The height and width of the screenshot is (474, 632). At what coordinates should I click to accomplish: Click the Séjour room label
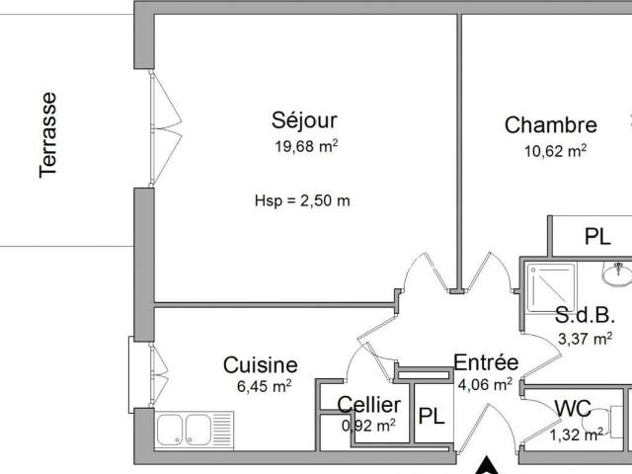click(304, 120)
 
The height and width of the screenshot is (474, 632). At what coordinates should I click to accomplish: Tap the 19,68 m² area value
click(306, 147)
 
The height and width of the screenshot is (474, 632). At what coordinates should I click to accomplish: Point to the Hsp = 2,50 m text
click(303, 200)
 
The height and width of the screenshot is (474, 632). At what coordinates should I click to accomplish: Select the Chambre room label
click(550, 125)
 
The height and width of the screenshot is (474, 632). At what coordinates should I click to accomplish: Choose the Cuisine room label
click(260, 365)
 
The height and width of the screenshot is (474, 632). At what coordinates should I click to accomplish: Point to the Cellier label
click(369, 405)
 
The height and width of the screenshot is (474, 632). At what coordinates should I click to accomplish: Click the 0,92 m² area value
click(368, 426)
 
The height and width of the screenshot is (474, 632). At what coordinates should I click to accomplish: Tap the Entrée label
click(486, 362)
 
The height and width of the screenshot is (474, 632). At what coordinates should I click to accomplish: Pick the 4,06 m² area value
click(485, 385)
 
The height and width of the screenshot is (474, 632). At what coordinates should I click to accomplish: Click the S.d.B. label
click(586, 317)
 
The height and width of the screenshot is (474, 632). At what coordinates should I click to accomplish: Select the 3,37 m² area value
click(586, 339)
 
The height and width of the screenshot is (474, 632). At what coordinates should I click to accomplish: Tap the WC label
click(573, 408)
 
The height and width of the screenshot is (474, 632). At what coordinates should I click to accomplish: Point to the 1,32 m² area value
click(577, 434)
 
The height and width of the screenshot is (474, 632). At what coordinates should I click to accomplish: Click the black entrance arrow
click(486, 465)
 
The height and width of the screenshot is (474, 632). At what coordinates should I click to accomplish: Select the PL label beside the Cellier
click(431, 416)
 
